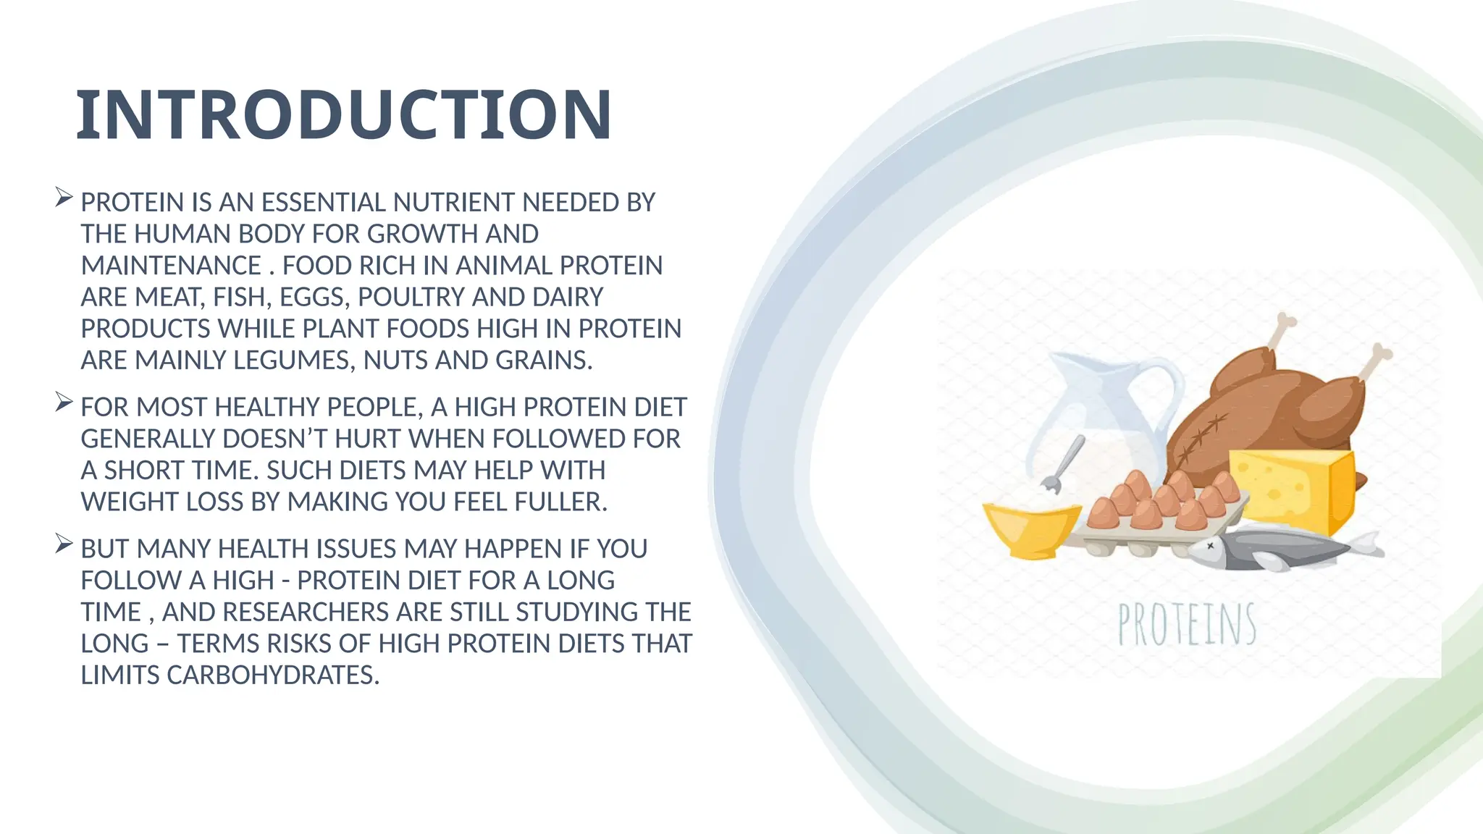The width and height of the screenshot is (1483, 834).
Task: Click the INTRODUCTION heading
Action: tap(344, 114)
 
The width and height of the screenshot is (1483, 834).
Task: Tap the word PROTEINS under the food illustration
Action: tap(1187, 625)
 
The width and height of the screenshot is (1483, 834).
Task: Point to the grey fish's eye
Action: tap(1210, 547)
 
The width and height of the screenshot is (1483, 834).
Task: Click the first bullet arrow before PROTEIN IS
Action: tap(64, 197)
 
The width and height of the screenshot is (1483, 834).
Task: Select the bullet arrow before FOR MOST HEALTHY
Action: tap(64, 402)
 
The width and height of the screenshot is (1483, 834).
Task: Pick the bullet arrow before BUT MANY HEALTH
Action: tap(64, 544)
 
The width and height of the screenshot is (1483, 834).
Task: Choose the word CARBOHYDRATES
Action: tap(273, 675)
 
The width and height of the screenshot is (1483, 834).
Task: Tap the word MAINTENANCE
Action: tap(171, 266)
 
